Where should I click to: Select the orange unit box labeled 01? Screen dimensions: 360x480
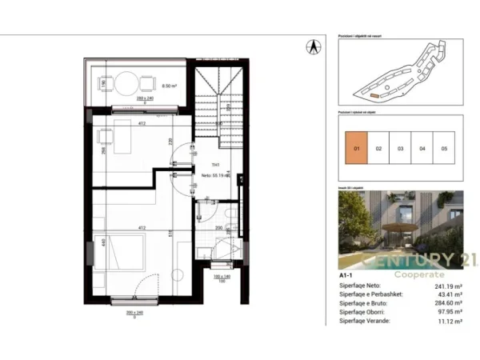click(x=357, y=148)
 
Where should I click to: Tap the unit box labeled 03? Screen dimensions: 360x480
click(x=401, y=148)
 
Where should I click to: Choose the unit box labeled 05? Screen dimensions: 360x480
click(x=444, y=148)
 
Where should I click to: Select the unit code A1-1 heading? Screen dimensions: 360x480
click(x=348, y=275)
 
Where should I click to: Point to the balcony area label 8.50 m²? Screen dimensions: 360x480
click(x=169, y=83)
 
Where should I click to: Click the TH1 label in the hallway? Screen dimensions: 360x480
click(x=205, y=166)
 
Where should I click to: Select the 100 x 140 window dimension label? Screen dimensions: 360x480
click(x=215, y=277)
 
